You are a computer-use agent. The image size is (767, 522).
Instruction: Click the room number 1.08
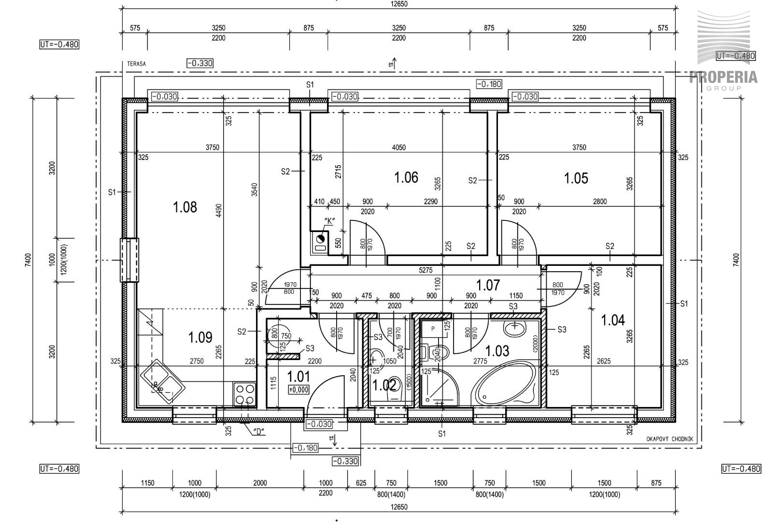coord(185,207)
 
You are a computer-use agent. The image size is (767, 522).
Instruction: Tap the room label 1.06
coord(406,177)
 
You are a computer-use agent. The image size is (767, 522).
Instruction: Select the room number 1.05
coord(576,178)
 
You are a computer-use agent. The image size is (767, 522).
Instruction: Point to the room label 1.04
coord(613,320)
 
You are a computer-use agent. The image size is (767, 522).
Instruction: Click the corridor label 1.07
coord(488,285)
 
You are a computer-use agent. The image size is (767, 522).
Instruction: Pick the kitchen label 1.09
coord(200,337)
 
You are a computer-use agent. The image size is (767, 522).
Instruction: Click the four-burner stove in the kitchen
coord(245,394)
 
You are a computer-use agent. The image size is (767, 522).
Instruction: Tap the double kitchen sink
coord(163,381)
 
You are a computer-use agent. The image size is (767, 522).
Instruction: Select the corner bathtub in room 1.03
coord(505,384)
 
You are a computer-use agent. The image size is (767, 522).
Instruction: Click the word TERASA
coord(136,64)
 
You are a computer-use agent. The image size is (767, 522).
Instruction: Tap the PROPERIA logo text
coord(723,77)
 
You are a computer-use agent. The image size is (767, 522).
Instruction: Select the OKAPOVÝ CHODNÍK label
coord(669,439)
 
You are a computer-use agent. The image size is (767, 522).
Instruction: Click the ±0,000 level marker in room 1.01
coord(298,390)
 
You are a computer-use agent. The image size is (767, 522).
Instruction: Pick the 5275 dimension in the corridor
coord(426,270)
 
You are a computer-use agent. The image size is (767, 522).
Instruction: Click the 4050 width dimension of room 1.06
coord(398,147)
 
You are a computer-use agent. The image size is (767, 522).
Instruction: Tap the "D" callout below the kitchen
coord(258,432)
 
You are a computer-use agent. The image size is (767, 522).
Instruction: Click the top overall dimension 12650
coord(399,4)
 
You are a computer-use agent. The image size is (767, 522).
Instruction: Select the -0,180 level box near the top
coord(489,84)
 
